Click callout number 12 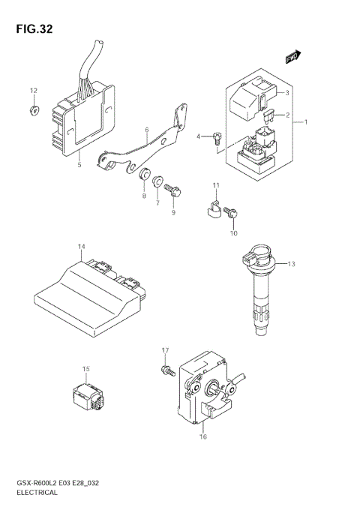[x=33, y=91]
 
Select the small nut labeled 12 [x=34, y=111]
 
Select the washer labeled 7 [x=157, y=181]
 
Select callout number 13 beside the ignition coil [x=292, y=263]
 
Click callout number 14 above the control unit [x=81, y=246]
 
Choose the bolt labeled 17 [x=165, y=370]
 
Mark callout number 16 [x=202, y=436]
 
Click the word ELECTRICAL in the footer [x=36, y=493]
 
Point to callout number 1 [x=305, y=121]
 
